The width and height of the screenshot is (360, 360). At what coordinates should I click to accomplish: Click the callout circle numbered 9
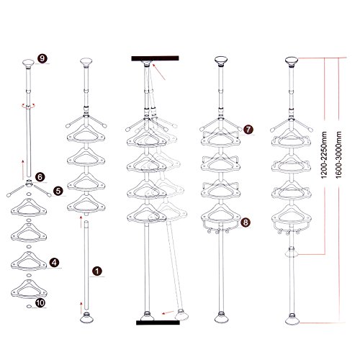42,58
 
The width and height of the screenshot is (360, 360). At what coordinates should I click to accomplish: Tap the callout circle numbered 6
40,177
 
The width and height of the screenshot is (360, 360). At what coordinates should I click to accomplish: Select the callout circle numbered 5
58,191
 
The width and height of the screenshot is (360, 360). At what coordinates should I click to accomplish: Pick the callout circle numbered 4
54,263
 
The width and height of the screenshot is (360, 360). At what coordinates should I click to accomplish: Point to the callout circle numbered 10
40,302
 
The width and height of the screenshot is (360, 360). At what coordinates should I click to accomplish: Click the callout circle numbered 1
97,271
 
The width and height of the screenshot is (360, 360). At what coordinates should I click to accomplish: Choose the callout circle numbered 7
248,130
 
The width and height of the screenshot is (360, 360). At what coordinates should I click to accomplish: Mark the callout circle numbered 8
246,222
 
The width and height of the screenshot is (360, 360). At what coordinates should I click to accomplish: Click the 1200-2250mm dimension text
324,155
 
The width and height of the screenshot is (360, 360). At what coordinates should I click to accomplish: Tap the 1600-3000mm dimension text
338,155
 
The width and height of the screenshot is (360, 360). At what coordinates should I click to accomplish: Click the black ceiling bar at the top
155,58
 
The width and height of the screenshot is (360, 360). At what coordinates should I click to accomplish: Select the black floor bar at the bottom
158,323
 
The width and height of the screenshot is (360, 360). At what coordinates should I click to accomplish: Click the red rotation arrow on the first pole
28,106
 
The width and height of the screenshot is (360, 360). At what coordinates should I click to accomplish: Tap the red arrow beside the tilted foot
168,312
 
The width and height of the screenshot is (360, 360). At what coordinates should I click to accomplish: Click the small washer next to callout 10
29,306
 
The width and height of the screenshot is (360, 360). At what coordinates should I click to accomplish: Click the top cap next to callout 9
28,63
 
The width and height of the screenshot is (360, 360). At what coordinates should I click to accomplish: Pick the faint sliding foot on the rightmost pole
291,253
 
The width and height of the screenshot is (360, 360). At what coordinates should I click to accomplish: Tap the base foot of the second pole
86,318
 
